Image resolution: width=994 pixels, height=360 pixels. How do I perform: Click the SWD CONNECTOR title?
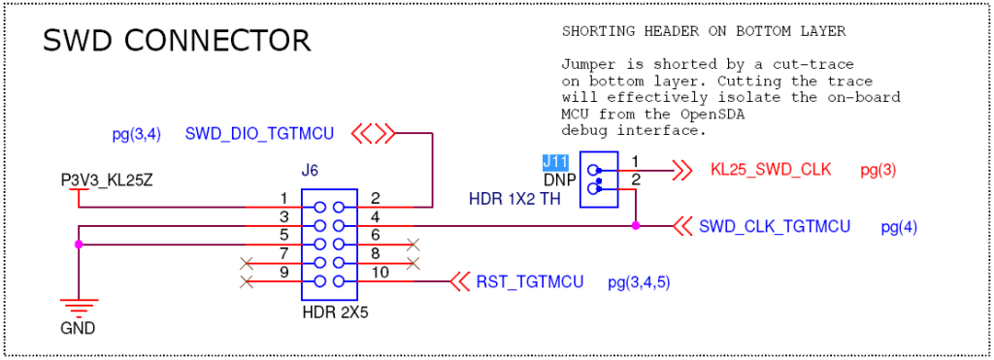pos(177,41)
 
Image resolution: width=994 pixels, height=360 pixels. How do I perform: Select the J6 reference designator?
pos(310,171)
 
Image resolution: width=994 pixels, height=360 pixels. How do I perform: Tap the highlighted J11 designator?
pos(555,162)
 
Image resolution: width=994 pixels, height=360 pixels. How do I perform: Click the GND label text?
pos(78,329)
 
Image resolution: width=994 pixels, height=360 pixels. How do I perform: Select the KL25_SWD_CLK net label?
pos(771,170)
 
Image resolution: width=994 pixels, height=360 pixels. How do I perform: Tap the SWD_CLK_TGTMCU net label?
pos(775,227)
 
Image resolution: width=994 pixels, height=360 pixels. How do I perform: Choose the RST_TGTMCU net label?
pos(529,282)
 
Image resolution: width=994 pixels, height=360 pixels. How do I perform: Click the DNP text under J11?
pos(559,180)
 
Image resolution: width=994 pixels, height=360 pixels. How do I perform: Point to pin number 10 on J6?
pos(380,273)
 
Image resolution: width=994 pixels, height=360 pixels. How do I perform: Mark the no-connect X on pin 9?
pos(248,282)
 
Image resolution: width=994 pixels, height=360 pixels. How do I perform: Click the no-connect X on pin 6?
pos(414,244)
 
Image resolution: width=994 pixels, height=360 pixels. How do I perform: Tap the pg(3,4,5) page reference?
pos(639,283)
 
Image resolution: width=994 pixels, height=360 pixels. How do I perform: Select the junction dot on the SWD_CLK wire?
pos(636,226)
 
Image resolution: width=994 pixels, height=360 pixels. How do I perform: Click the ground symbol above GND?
pos(78,303)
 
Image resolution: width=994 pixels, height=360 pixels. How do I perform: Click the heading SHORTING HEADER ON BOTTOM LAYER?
pos(704,32)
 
